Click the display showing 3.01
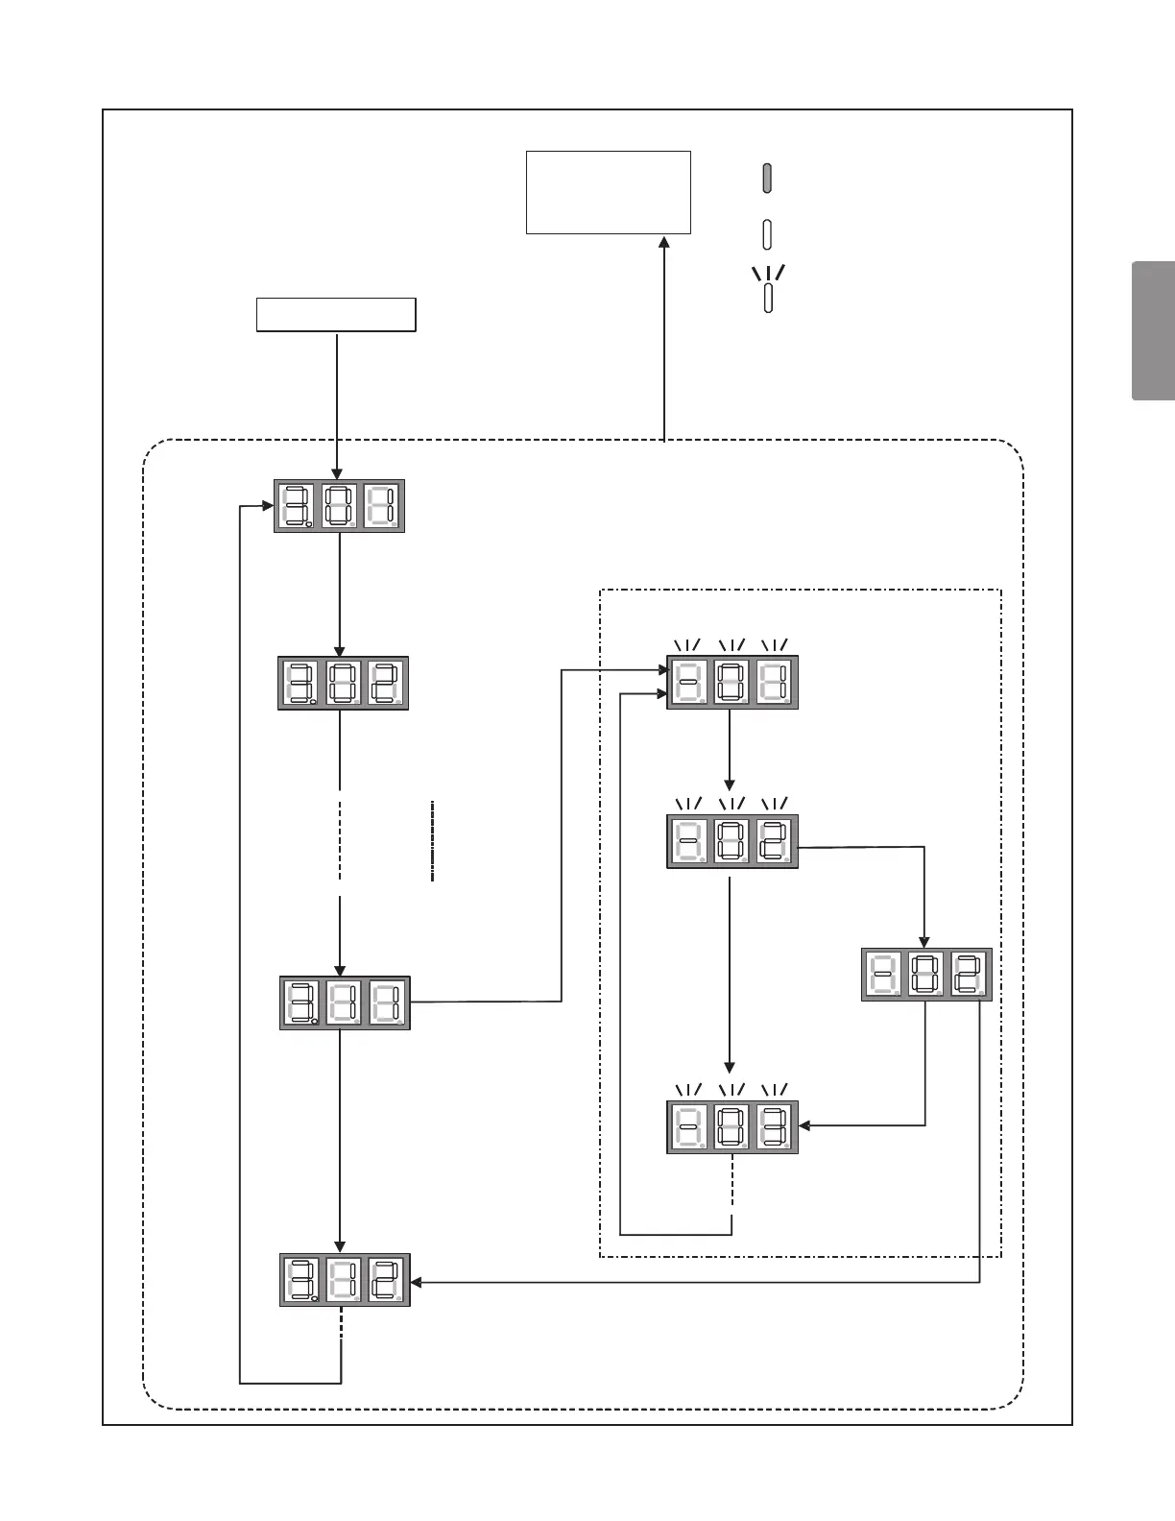pos(339,505)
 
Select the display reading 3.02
pos(343,683)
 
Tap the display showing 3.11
pos(345,1003)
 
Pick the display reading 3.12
pos(345,1280)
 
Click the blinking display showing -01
pos(732,683)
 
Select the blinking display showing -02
pos(732,842)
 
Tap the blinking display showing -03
pos(732,1126)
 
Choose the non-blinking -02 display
pos(926,975)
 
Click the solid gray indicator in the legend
pos(768,178)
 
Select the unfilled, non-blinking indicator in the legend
pos(768,233)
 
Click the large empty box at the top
pos(609,192)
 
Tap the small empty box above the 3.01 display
pos(336,315)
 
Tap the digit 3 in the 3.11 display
pos(300,1003)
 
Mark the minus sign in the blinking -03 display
pos(688,1126)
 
